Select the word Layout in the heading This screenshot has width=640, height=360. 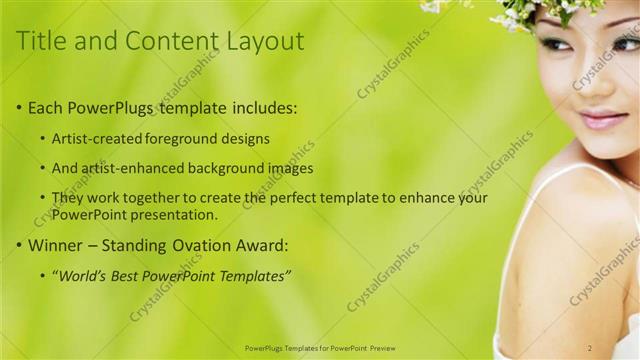tap(264, 41)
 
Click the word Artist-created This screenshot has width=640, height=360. tap(97, 138)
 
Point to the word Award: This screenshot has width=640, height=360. tap(263, 244)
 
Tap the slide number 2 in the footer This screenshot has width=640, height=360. tap(590, 347)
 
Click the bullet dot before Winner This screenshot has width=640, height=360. tap(19, 245)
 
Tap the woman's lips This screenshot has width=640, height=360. tap(603, 119)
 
